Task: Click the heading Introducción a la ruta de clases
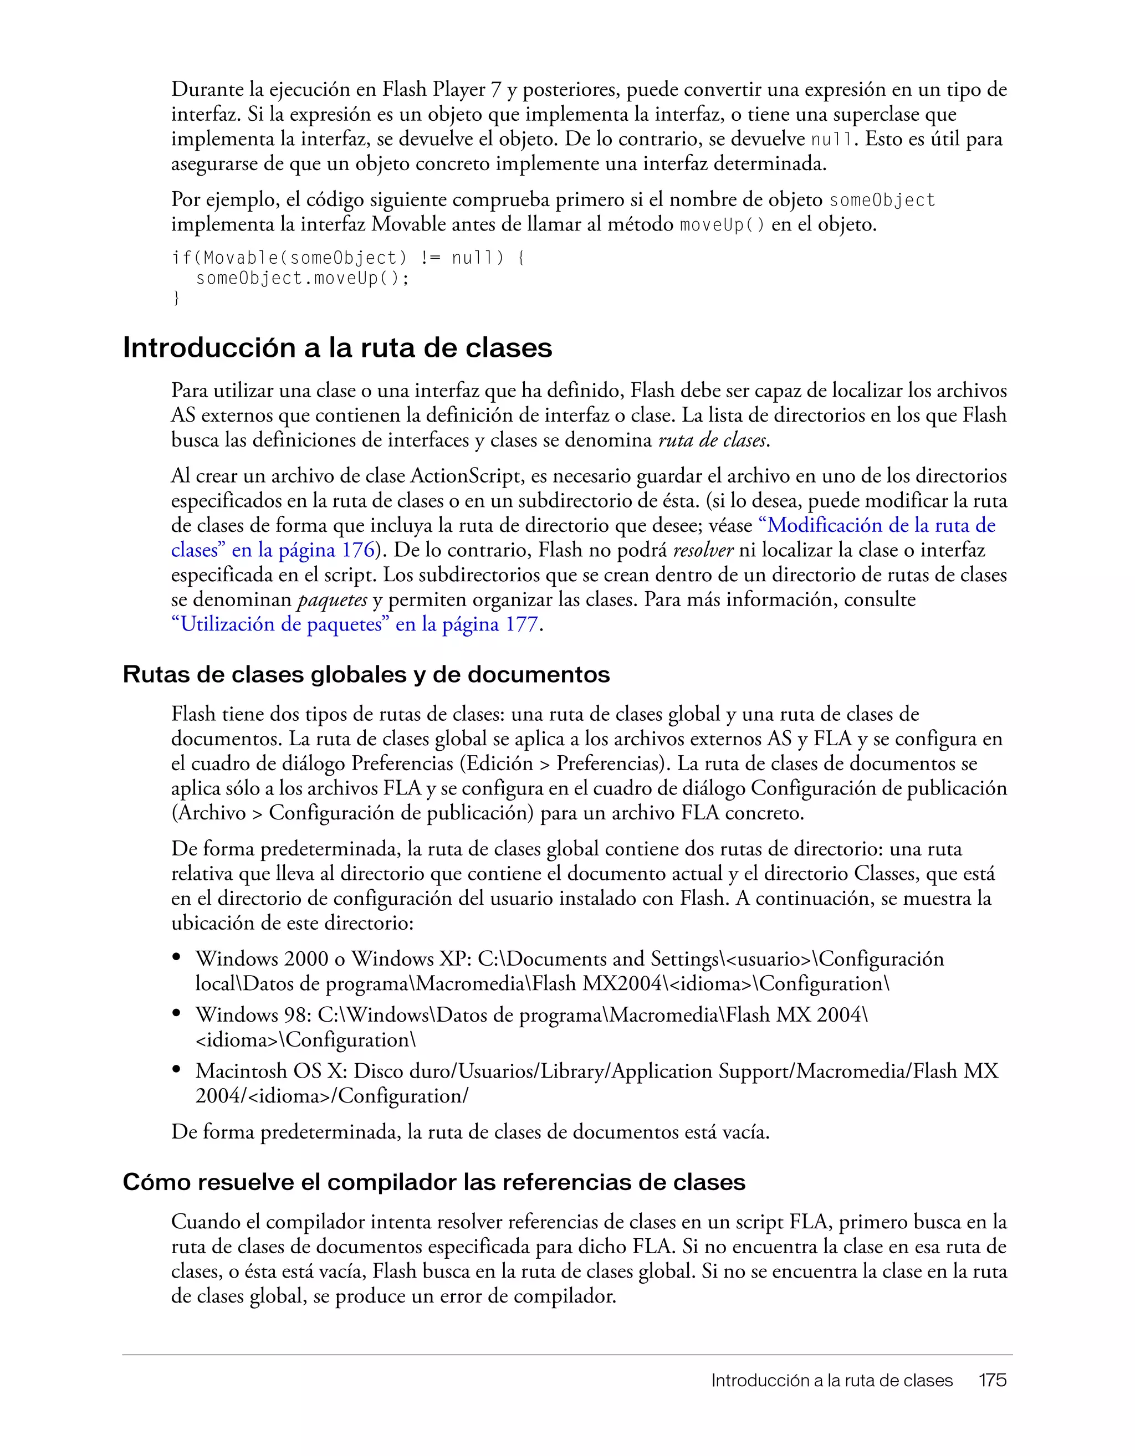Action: (338, 348)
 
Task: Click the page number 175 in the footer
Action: (992, 1380)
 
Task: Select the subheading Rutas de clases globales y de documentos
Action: (366, 675)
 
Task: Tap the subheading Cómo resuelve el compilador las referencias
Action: (433, 1182)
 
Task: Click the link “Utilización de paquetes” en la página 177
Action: (355, 624)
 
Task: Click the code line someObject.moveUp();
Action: (302, 278)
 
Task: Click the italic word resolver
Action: (703, 551)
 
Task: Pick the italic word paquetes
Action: (332, 600)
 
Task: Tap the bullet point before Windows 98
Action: (177, 1014)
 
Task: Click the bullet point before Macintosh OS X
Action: (177, 1070)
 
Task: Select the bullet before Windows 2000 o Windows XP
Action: (177, 958)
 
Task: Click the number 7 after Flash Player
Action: (495, 89)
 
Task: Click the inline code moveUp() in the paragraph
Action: (722, 225)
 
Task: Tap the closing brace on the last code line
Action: (176, 298)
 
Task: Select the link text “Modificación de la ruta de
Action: (877, 526)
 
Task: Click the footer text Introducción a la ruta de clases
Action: (832, 1380)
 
